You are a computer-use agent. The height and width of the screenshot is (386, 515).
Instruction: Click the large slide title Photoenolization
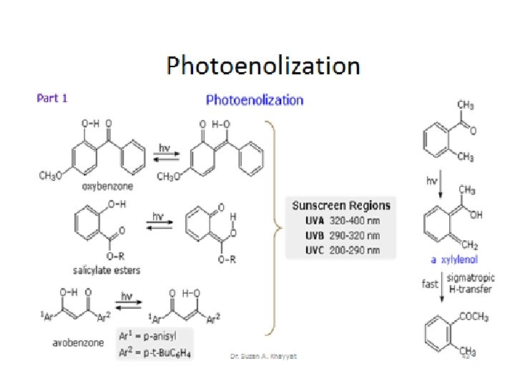click(263, 66)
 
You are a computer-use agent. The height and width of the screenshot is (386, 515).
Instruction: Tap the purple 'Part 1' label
click(52, 98)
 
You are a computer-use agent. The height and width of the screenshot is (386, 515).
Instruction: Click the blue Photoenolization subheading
click(255, 100)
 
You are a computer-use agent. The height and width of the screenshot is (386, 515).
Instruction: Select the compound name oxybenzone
click(107, 186)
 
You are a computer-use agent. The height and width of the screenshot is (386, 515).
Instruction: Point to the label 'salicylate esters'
click(107, 269)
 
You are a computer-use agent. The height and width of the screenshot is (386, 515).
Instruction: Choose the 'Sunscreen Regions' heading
click(341, 205)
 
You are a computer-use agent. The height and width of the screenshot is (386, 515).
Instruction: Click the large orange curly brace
click(271, 227)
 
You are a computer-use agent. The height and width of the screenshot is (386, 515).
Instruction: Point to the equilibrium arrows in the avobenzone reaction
click(127, 302)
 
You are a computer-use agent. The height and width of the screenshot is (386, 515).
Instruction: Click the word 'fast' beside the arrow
click(429, 284)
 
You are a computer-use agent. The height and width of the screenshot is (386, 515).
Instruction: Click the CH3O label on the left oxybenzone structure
click(51, 175)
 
